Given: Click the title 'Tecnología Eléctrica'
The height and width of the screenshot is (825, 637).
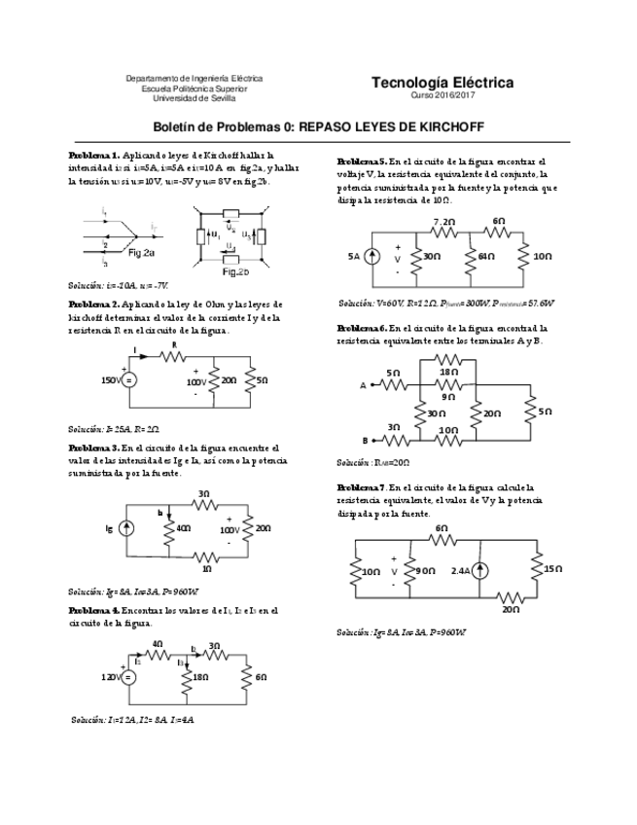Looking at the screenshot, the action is click(x=442, y=84).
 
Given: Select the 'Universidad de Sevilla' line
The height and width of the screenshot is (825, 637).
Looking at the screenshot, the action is click(x=195, y=98).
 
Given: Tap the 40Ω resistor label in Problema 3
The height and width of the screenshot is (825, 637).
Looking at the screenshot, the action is click(x=182, y=529).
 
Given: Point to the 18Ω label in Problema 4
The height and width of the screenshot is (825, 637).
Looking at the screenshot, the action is click(x=199, y=677).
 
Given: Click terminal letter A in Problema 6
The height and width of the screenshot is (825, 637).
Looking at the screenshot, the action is click(x=365, y=385).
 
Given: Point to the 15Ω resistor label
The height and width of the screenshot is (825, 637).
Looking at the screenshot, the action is click(x=551, y=568).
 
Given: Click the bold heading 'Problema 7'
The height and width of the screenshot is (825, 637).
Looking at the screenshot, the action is click(x=361, y=485).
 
